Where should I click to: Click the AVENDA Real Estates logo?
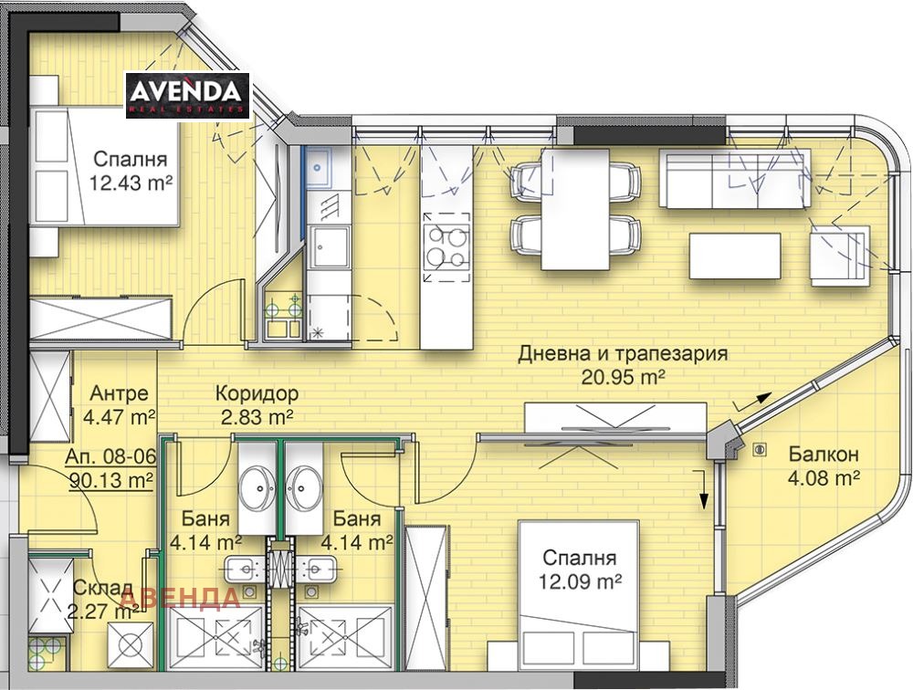[187, 96]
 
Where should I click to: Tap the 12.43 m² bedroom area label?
[131, 183]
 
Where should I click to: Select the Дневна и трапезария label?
[623, 353]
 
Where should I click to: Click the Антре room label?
[120, 393]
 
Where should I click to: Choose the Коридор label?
[257, 393]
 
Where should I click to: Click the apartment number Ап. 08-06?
[110, 456]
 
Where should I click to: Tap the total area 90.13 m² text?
[110, 479]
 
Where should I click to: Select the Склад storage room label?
[104, 589]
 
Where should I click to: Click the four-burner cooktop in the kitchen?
[446, 247]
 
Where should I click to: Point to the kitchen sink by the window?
[318, 167]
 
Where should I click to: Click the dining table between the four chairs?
[575, 210]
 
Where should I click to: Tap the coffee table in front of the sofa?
[735, 256]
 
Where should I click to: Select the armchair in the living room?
[838, 256]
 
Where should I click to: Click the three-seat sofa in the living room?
[735, 178]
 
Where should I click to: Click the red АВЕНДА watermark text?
[181, 598]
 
